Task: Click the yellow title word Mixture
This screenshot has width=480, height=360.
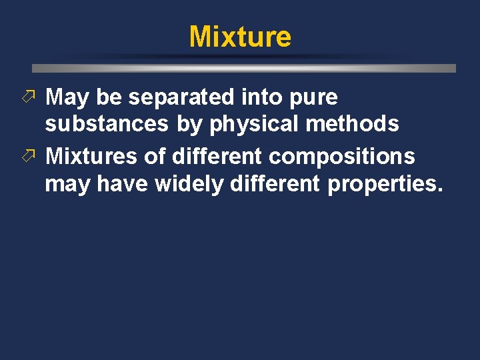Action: [x=240, y=37]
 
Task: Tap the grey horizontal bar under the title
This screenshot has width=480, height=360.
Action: [x=244, y=68]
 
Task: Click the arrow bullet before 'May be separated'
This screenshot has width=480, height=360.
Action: [x=36, y=97]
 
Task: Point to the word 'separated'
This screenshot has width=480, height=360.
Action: [x=181, y=98]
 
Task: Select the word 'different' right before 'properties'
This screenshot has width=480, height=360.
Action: [x=274, y=183]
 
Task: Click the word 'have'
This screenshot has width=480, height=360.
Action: [x=123, y=183]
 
